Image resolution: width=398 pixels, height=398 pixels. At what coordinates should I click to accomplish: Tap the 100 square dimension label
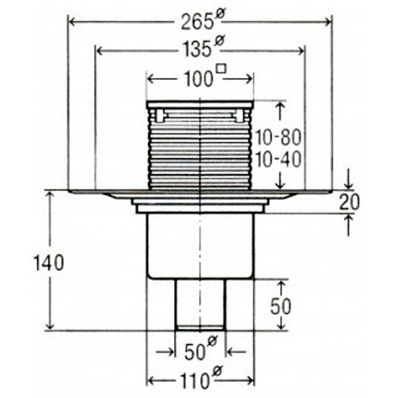pyautogui.click(x=204, y=76)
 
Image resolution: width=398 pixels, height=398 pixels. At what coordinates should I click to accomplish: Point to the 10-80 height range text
pyautogui.click(x=278, y=137)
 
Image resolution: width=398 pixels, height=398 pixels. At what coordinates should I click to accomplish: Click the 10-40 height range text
pyautogui.click(x=278, y=160)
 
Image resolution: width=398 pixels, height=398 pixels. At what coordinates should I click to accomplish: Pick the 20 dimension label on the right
pyautogui.click(x=350, y=202)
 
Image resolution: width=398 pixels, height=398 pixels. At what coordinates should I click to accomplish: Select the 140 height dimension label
pyautogui.click(x=49, y=263)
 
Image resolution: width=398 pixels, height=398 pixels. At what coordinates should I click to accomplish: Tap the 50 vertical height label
pyautogui.click(x=281, y=306)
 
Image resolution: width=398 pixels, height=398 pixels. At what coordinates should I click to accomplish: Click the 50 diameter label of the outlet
pyautogui.click(x=201, y=348)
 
